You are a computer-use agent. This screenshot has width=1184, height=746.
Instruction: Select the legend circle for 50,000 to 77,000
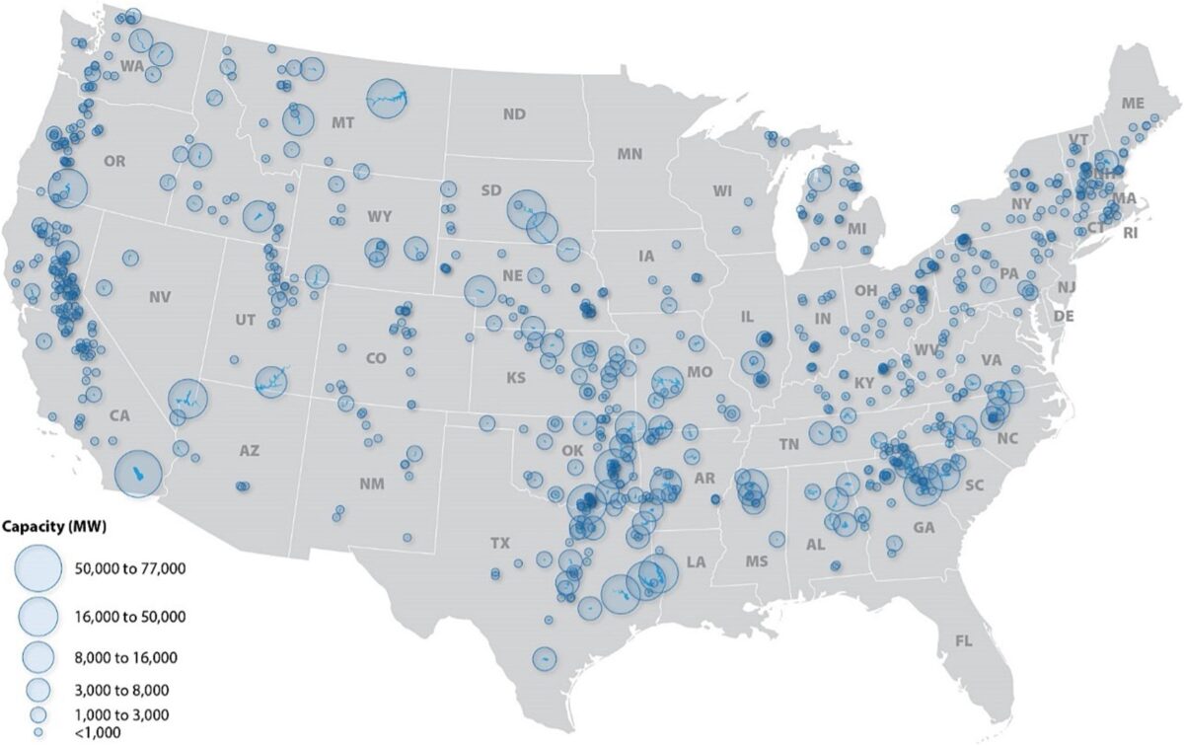click(39, 568)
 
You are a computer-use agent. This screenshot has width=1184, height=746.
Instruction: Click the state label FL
click(963, 641)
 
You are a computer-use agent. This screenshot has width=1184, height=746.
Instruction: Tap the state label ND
click(514, 114)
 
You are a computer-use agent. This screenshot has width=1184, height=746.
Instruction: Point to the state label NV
click(159, 295)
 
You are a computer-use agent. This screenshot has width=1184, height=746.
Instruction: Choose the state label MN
click(629, 154)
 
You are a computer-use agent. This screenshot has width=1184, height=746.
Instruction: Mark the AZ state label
click(249, 451)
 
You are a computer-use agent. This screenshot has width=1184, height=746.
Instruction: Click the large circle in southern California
click(138, 475)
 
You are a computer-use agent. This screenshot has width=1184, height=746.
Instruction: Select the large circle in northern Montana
click(388, 99)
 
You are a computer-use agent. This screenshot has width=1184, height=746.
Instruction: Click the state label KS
click(516, 378)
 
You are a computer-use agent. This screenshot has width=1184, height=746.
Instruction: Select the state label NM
click(372, 484)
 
